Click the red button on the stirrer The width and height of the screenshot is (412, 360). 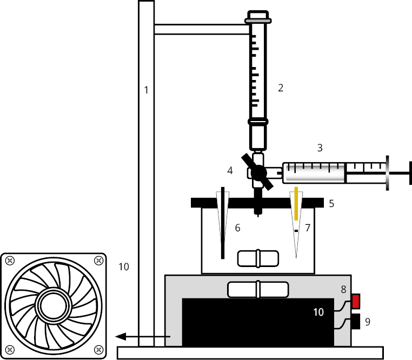tap(356, 301)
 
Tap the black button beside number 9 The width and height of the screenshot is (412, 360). tap(356, 321)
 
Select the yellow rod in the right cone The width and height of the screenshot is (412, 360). tap(296, 203)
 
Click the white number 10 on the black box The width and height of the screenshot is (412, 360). tap(318, 312)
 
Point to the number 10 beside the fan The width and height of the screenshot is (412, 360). tap(123, 266)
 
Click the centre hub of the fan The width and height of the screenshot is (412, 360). tap(54, 305)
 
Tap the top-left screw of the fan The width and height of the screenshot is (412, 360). tap(10, 261)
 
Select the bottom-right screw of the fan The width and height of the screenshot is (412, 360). tap(98, 350)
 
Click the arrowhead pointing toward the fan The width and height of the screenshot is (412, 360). tap(121, 336)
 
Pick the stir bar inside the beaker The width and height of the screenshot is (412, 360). tap(258, 258)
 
